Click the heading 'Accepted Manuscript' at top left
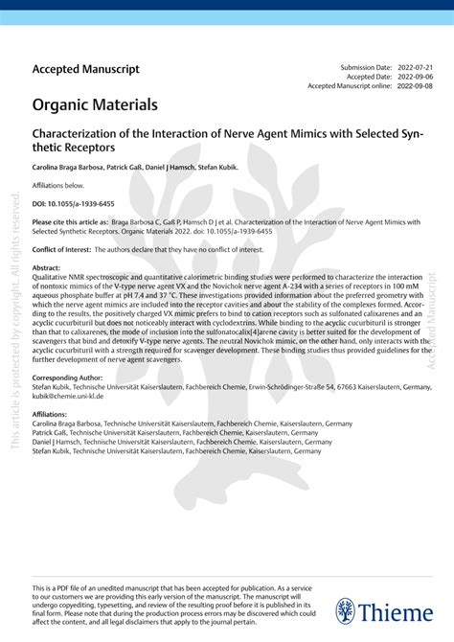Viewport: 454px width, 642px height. (x=86, y=69)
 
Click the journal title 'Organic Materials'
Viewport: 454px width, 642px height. (x=95, y=103)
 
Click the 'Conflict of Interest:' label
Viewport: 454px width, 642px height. (x=68, y=248)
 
